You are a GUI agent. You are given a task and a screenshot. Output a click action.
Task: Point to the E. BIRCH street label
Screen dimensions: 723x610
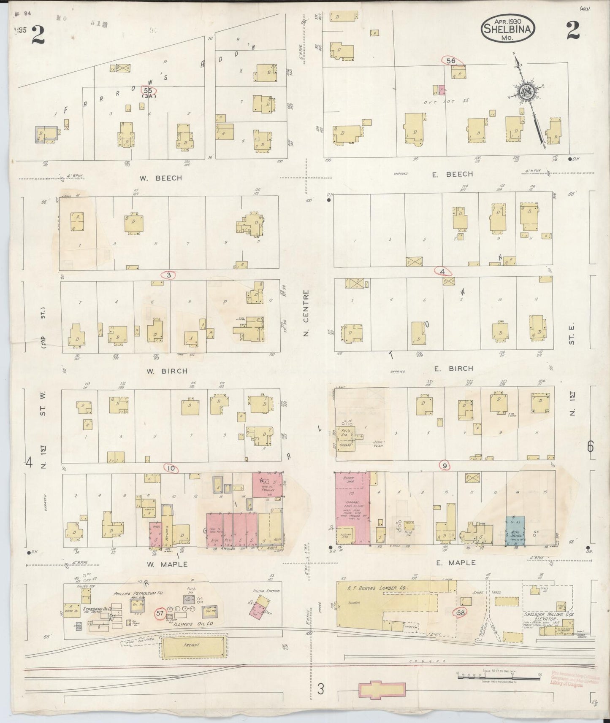[453, 368]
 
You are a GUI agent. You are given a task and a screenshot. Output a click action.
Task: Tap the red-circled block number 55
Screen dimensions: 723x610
[148, 90]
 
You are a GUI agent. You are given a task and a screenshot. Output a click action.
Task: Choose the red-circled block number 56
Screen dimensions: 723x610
[451, 61]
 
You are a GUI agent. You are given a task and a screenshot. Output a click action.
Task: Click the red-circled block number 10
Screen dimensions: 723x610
[171, 468]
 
